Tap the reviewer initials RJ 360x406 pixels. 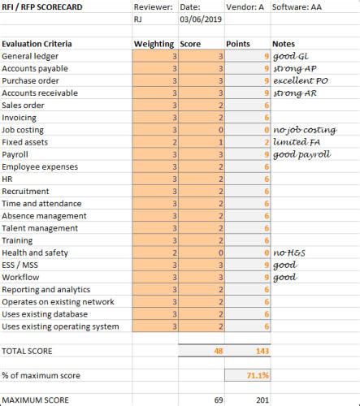[x=140, y=21]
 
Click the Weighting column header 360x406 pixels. [x=154, y=44]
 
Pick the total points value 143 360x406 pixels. [x=261, y=352]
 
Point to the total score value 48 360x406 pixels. [x=218, y=352]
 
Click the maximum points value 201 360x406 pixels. [x=261, y=400]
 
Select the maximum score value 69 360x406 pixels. [x=218, y=400]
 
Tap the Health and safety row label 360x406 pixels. [x=35, y=253]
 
